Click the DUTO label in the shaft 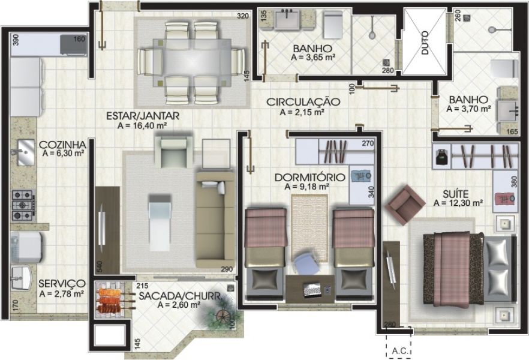pyautogui.click(x=425, y=43)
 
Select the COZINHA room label pyautogui.click(x=62, y=145)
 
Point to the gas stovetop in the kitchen pyautogui.click(x=23, y=205)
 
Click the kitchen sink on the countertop pyautogui.click(x=25, y=152)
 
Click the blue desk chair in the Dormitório pyautogui.click(x=304, y=263)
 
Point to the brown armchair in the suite pyautogui.click(x=405, y=204)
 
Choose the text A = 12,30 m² pyautogui.click(x=458, y=203)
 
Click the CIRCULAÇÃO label pyautogui.click(x=303, y=102)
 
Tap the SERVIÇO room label pyautogui.click(x=62, y=284)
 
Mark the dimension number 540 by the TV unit pyautogui.click(x=100, y=266)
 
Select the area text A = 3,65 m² pyautogui.click(x=312, y=58)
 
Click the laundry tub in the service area pyautogui.click(x=22, y=277)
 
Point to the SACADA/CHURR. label pyautogui.click(x=179, y=296)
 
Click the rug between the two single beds pyautogui.click(x=309, y=228)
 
